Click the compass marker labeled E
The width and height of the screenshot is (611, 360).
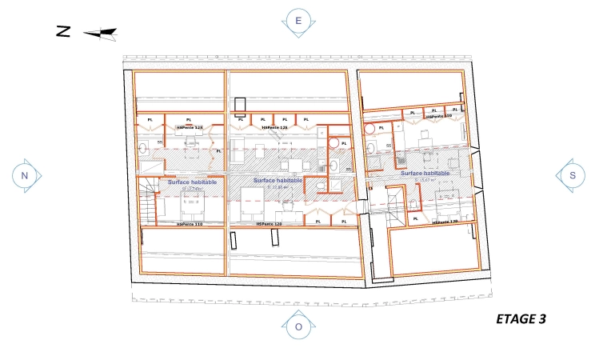[x=298, y=21]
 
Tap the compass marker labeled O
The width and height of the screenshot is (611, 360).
[x=298, y=326]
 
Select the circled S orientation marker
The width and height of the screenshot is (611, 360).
[x=572, y=175]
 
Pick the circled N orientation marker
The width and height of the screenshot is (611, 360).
[x=24, y=175]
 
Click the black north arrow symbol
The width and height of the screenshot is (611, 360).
[x=101, y=34]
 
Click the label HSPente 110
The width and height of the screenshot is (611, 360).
[x=190, y=225]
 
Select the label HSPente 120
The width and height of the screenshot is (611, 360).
[x=270, y=225]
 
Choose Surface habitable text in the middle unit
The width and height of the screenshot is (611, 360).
[x=278, y=181]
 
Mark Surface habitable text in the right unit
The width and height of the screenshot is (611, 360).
[x=425, y=173]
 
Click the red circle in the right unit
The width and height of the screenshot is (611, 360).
[x=369, y=127]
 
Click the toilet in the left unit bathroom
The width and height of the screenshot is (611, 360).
[x=142, y=148]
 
